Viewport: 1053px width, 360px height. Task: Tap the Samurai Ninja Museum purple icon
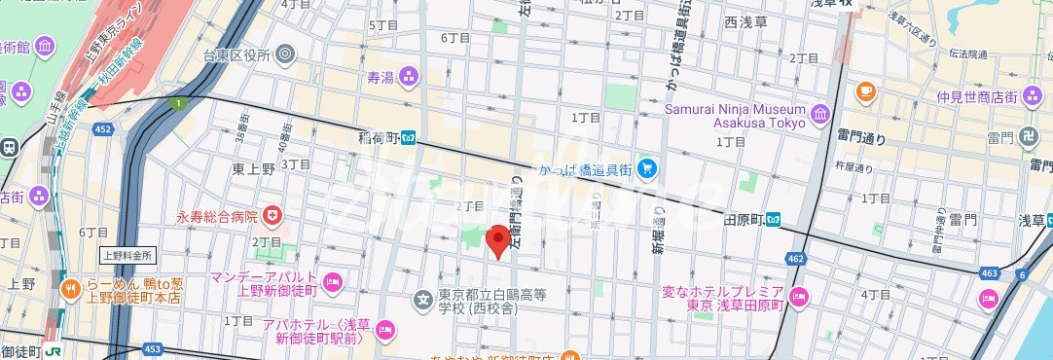click(x=819, y=115)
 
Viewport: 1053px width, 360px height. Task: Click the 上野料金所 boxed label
click(x=127, y=256)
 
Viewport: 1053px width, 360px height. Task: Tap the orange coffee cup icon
click(x=864, y=92)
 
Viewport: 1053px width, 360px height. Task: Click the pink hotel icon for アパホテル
click(x=385, y=331)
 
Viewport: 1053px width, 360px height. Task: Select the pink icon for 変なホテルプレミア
click(x=798, y=298)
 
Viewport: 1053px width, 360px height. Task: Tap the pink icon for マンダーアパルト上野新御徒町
click(x=332, y=283)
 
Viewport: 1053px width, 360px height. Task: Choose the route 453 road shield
click(x=152, y=348)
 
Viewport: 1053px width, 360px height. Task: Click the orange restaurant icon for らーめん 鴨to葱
click(x=70, y=289)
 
